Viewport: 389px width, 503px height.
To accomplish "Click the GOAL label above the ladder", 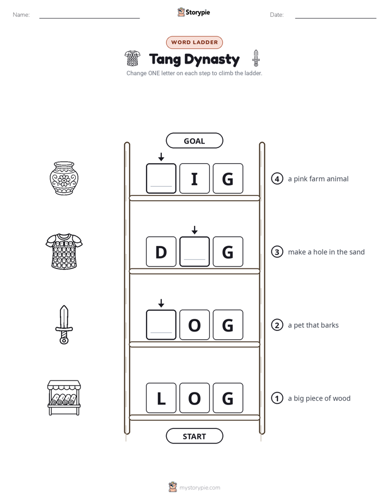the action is tap(194, 140).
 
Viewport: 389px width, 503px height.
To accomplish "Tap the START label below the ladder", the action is tap(194, 436).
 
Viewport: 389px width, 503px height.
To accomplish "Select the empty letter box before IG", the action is tap(161, 179).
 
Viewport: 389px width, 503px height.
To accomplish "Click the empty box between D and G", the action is tap(194, 251).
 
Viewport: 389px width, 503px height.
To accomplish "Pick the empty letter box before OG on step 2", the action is tap(161, 324).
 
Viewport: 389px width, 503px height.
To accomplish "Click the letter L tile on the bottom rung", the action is tap(161, 398).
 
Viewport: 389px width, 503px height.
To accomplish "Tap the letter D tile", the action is tap(161, 251).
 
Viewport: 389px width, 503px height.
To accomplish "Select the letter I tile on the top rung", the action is tap(194, 179).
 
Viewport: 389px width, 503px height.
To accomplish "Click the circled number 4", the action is tap(277, 179).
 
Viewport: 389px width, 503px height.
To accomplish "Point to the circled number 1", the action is tap(277, 398).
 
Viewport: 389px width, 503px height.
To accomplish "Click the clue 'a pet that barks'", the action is tap(313, 325).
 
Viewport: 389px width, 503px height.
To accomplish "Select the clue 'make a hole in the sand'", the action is tap(326, 252).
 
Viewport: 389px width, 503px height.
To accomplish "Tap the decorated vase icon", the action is tap(64, 178).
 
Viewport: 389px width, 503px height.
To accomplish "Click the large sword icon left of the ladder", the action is tap(64, 324).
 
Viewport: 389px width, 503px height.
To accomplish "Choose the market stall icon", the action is tap(64, 398).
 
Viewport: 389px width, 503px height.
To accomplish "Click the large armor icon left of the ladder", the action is tap(64, 251).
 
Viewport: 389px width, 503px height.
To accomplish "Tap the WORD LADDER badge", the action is tap(194, 42).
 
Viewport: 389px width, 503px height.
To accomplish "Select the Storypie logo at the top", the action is tap(193, 12).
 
